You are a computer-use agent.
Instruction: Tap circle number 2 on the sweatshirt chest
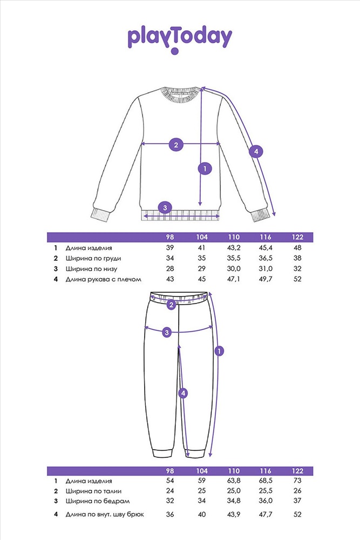point(176,145)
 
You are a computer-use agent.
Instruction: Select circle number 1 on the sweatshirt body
point(205,168)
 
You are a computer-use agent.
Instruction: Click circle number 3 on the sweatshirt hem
point(165,208)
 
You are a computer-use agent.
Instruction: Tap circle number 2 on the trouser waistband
point(171,305)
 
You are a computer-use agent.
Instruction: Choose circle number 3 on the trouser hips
point(167,332)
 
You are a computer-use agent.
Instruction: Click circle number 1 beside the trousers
point(219,351)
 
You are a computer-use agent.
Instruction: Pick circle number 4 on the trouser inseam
point(183,393)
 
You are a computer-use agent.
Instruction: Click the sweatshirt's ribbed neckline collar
point(179,94)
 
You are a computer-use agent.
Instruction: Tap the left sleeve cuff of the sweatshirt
point(100,215)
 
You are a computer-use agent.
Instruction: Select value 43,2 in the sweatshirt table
point(234,248)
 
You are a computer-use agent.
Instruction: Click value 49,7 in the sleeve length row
point(266,279)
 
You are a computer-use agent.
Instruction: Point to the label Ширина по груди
point(93,259)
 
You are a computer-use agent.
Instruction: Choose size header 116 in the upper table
point(266,237)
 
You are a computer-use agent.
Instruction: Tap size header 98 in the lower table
point(170,471)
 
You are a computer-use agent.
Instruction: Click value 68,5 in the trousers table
point(266,481)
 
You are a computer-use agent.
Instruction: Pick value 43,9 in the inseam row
point(234,515)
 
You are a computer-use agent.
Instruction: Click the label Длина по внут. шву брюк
point(105,515)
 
